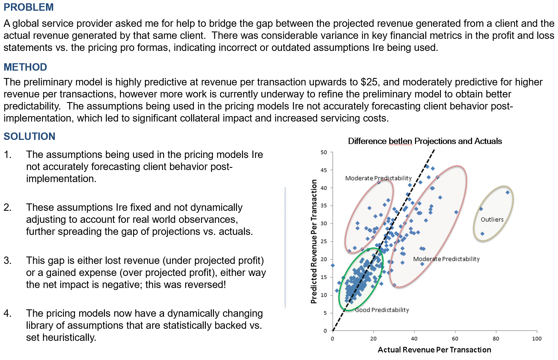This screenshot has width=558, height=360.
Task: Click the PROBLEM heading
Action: click(x=28, y=7)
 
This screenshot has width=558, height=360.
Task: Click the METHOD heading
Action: click(x=25, y=67)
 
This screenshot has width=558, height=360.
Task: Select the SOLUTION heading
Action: click(x=29, y=136)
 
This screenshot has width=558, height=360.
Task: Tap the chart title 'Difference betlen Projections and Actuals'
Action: click(x=425, y=141)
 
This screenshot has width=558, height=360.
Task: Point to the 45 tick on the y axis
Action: click(x=324, y=170)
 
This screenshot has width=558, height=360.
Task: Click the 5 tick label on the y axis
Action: click(x=325, y=313)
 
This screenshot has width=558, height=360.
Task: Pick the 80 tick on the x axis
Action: click(x=496, y=339)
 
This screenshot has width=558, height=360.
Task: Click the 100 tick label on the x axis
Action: click(x=537, y=339)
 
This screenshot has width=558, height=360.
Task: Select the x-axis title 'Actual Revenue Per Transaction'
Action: click(x=434, y=350)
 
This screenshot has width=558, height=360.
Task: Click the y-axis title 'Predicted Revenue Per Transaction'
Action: click(x=314, y=241)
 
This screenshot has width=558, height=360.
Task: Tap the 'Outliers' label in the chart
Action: click(x=492, y=220)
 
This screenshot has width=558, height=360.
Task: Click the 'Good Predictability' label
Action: click(x=382, y=310)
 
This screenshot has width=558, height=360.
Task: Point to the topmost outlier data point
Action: click(x=508, y=192)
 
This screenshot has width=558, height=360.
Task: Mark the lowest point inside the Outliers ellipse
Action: click(x=482, y=234)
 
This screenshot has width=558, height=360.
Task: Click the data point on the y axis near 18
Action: click(x=333, y=265)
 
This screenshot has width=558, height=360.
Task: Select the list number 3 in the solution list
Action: click(x=8, y=260)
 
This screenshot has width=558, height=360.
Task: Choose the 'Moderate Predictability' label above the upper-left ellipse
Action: click(x=378, y=178)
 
